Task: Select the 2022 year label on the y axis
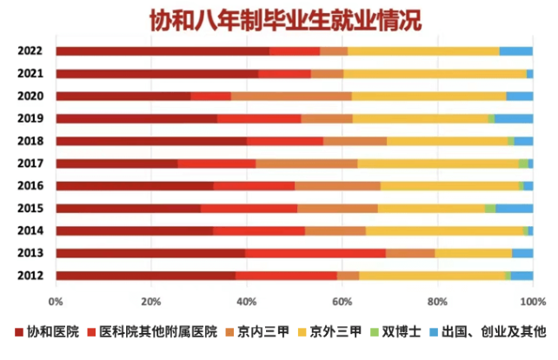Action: [x=30, y=51]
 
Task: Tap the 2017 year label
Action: [x=30, y=163]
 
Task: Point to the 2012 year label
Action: [x=30, y=275]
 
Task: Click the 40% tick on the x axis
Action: [x=247, y=302]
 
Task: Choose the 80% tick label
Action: [x=437, y=302]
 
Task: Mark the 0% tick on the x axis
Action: [x=56, y=302]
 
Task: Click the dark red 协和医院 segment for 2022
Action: [x=163, y=51]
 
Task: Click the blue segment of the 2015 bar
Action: [x=514, y=208]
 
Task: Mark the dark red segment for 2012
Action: [x=146, y=275]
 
